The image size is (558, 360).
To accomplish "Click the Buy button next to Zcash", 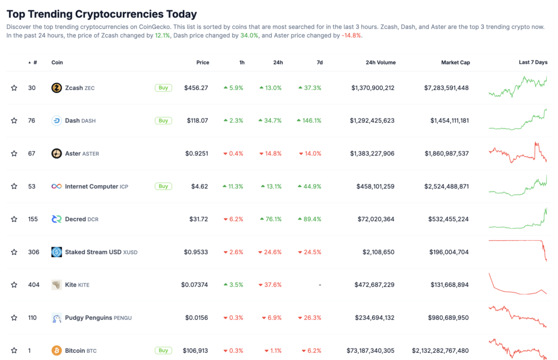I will coord(163,88).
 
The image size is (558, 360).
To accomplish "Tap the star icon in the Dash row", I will coord(14,120).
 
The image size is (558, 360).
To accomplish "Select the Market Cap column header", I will coord(455,63).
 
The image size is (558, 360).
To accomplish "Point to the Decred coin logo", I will coord(57,219).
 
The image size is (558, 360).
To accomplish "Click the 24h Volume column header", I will coord(380,63).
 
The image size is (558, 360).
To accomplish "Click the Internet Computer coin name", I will coord(91,186).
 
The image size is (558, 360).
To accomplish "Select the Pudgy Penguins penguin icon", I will coord(57,318).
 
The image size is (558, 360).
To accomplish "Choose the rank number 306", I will coord(33,252).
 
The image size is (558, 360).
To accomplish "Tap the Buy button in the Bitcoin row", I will coord(163,350).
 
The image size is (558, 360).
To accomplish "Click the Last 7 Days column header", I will coord(533,63).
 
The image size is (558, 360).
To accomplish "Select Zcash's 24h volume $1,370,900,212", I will coord(372,88).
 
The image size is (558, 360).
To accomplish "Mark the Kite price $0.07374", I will coord(195,285).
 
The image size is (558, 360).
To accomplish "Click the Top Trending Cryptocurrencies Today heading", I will coord(102,14).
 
